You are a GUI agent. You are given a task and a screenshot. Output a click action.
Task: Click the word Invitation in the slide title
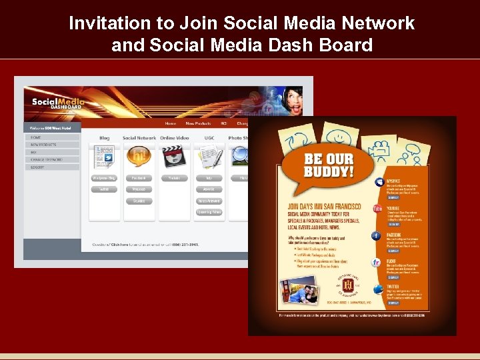click(x=111, y=24)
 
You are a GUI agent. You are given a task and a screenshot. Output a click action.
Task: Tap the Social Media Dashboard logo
click(x=57, y=103)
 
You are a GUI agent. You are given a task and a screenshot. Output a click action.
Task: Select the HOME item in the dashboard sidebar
click(x=36, y=137)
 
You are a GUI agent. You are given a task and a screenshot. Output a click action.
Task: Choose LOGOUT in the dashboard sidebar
click(x=38, y=167)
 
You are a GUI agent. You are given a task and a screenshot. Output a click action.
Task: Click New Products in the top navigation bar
click(x=197, y=123)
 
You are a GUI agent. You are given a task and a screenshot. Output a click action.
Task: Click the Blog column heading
click(x=104, y=138)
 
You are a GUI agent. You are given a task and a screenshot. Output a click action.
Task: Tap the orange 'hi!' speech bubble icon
click(x=139, y=156)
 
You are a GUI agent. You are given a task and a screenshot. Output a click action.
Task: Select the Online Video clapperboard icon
click(x=174, y=156)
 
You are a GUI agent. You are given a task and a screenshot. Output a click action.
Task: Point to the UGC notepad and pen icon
click(x=209, y=157)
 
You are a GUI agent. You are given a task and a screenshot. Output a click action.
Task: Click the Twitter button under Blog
click(x=103, y=189)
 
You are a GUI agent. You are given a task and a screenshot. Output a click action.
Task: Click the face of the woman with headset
click(x=293, y=100)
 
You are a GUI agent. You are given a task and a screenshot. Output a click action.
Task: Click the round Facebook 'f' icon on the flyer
click(x=377, y=235)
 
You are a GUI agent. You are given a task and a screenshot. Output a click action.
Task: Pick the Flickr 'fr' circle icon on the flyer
click(x=377, y=263)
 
